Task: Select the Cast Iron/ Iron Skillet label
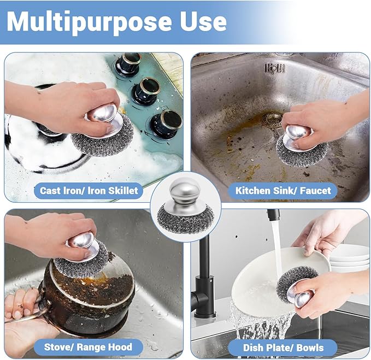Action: (89, 191)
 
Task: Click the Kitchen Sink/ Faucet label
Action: (283, 191)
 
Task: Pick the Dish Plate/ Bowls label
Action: (282, 347)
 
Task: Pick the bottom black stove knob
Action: (165, 123)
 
